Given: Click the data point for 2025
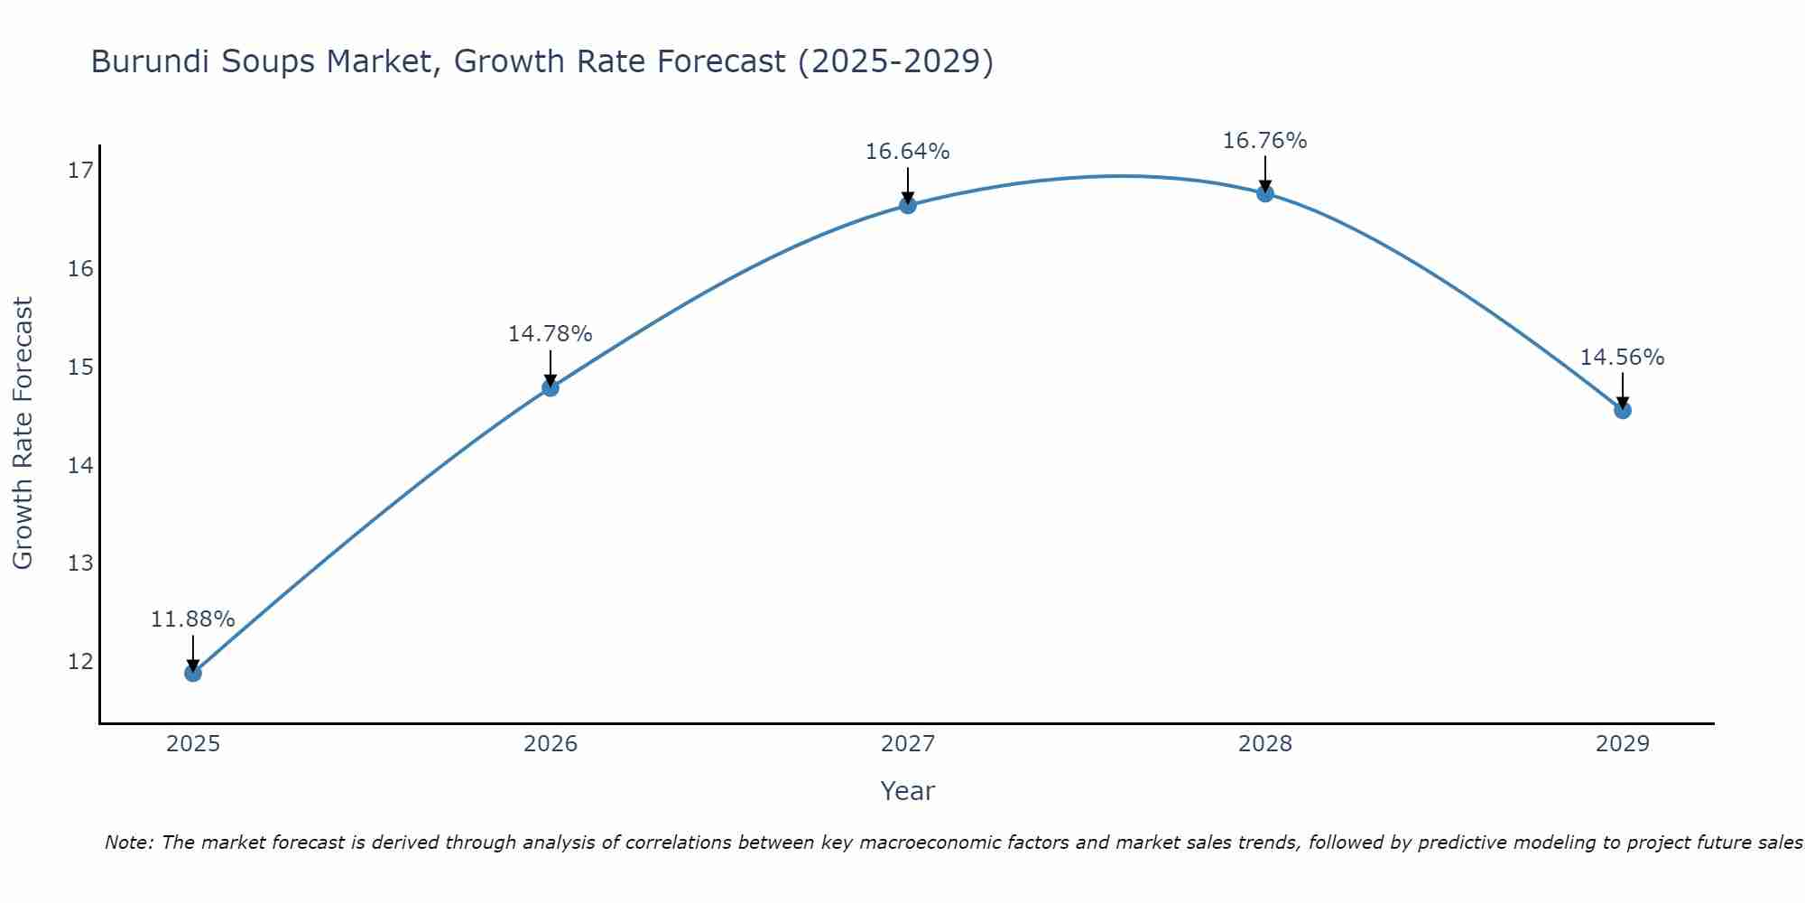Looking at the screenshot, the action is (193, 673).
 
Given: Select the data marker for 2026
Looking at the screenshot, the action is (551, 387).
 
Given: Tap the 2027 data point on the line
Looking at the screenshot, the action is (908, 205).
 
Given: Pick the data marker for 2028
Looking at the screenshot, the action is (1265, 193).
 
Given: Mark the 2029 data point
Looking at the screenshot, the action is (1623, 410).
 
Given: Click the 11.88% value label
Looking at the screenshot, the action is (192, 619).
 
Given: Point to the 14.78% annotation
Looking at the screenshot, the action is (550, 334).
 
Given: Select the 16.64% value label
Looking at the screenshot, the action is (907, 152).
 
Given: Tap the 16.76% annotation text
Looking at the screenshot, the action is (1264, 141).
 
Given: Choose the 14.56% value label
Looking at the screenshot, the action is (1622, 358).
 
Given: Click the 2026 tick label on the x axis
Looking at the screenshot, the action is (551, 744).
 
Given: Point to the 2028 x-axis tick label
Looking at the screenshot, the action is (1265, 744).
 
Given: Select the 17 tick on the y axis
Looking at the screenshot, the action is (80, 171).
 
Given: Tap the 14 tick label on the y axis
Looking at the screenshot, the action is (80, 466).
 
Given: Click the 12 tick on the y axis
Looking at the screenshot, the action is (80, 662).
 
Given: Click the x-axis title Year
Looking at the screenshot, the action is (908, 791).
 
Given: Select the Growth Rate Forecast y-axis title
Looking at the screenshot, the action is (23, 433).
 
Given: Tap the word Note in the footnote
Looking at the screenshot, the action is (129, 842).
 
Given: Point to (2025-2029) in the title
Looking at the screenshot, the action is (895, 61).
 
